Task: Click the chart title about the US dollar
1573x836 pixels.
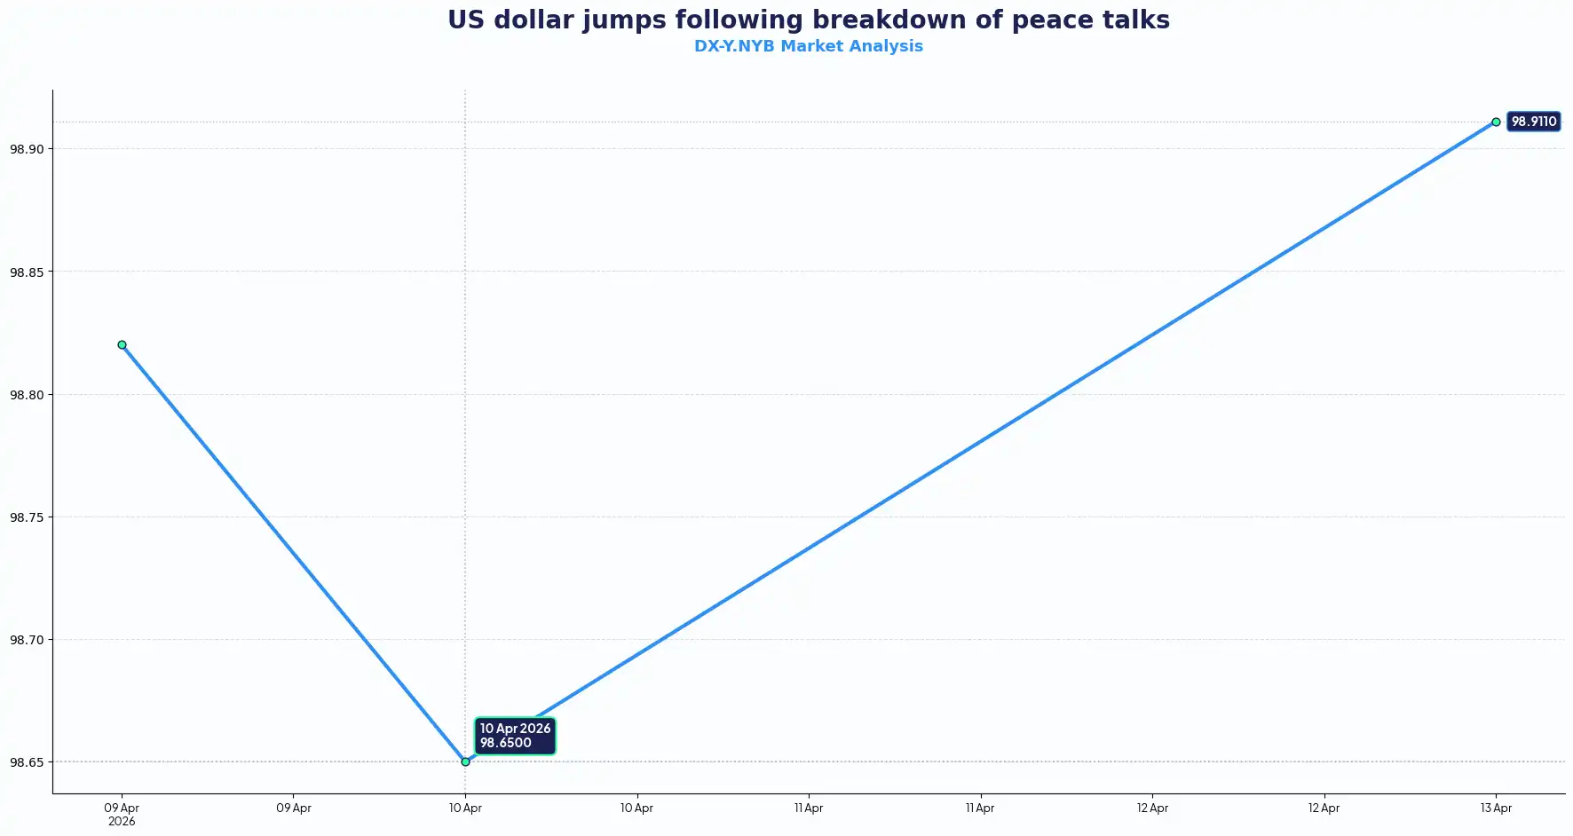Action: pos(808,20)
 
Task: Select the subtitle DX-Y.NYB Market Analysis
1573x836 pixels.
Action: pos(808,46)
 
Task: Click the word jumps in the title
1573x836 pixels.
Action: pos(623,20)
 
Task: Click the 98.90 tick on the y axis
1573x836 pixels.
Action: pos(27,149)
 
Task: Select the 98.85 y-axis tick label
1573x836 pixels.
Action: pos(27,272)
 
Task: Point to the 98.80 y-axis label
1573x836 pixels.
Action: pos(27,395)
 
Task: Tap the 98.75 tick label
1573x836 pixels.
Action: pos(27,517)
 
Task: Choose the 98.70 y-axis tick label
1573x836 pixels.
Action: pos(27,640)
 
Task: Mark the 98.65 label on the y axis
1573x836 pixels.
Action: pos(27,762)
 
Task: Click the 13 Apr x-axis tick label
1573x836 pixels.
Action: pos(1496,808)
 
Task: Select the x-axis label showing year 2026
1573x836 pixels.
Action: pos(122,822)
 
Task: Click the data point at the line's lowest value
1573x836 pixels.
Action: pos(465,761)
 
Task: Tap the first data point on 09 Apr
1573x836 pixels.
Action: pos(122,344)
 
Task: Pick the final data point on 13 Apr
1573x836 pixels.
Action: pos(1496,122)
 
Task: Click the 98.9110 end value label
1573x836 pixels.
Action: pos(1533,122)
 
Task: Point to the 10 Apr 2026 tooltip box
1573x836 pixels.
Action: pos(515,736)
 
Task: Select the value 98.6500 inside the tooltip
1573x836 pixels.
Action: pos(506,744)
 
